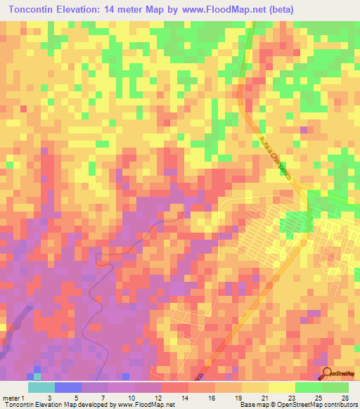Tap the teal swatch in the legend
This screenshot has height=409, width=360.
pos(41,387)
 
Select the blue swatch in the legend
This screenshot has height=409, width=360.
pos(67,387)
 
